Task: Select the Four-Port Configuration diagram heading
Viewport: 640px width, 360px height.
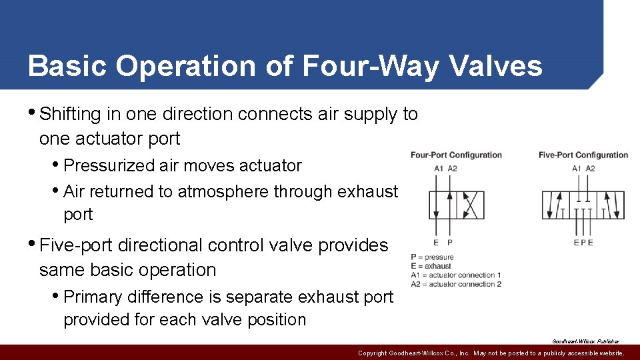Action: [456, 155]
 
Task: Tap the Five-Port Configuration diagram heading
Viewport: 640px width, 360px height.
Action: [583, 155]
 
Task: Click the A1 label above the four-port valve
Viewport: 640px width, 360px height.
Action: [439, 169]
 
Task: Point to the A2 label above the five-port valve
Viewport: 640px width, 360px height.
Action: [590, 169]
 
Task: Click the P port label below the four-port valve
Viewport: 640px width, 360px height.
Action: [450, 243]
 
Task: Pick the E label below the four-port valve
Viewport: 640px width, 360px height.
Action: [437, 243]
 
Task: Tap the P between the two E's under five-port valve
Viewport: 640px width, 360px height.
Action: [583, 243]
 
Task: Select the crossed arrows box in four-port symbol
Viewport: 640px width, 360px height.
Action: [470, 205]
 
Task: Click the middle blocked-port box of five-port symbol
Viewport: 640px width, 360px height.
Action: [583, 205]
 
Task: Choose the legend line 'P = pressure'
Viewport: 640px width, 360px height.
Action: [433, 257]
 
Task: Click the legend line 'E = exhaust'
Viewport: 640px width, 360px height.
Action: [431, 266]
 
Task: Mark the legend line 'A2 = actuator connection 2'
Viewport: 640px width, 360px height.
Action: [456, 284]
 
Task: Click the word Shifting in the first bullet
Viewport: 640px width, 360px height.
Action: [69, 114]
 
